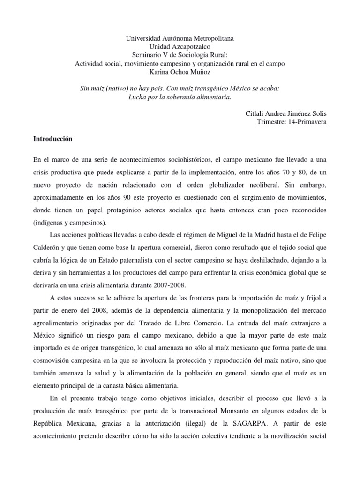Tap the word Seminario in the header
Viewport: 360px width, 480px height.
(x=149, y=55)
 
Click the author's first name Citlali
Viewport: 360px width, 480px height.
(x=258, y=114)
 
